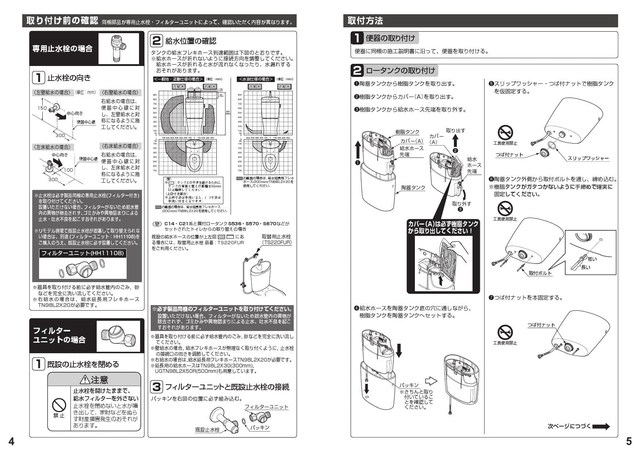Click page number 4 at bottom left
11,442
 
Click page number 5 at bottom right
629,442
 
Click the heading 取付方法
365,21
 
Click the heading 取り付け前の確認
62,21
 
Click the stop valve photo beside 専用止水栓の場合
119,48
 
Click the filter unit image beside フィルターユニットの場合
118,336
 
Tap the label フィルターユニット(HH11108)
83,253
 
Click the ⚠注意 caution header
94,380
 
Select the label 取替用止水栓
276,237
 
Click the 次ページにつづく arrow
601,426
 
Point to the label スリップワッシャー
588,158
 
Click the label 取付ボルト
540,273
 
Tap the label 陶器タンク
413,188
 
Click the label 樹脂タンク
407,132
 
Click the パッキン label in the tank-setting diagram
409,385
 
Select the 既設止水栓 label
207,430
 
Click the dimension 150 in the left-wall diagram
42,108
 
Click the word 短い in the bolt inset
592,259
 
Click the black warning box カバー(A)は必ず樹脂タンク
443,227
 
